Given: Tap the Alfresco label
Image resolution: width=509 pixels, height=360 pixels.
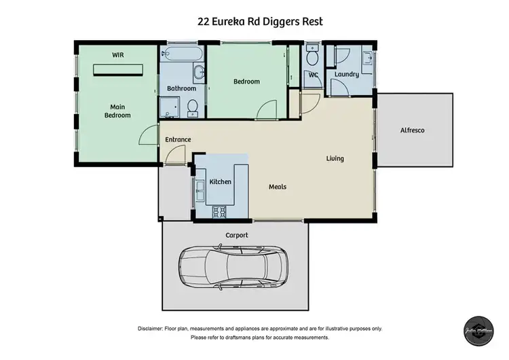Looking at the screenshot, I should tap(412, 130).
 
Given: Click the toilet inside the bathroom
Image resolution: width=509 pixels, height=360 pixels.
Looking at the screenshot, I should tap(193, 107).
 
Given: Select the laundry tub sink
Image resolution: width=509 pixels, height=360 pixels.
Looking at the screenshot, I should tap(366, 57).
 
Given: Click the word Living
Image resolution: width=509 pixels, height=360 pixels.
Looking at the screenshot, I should tap(335, 158).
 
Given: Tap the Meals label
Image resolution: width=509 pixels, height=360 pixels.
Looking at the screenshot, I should tap(278, 187).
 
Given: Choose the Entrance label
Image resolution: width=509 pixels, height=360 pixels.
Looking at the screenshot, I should tap(178, 140).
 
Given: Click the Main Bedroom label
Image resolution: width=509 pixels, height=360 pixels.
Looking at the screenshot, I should tap(117, 111).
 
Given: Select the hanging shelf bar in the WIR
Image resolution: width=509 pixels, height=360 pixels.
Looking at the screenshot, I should tap(119, 69).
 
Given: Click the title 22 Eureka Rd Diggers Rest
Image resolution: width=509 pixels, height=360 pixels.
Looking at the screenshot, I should tap(260, 22).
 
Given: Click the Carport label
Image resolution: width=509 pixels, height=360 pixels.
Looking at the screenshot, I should tap(237, 235).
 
